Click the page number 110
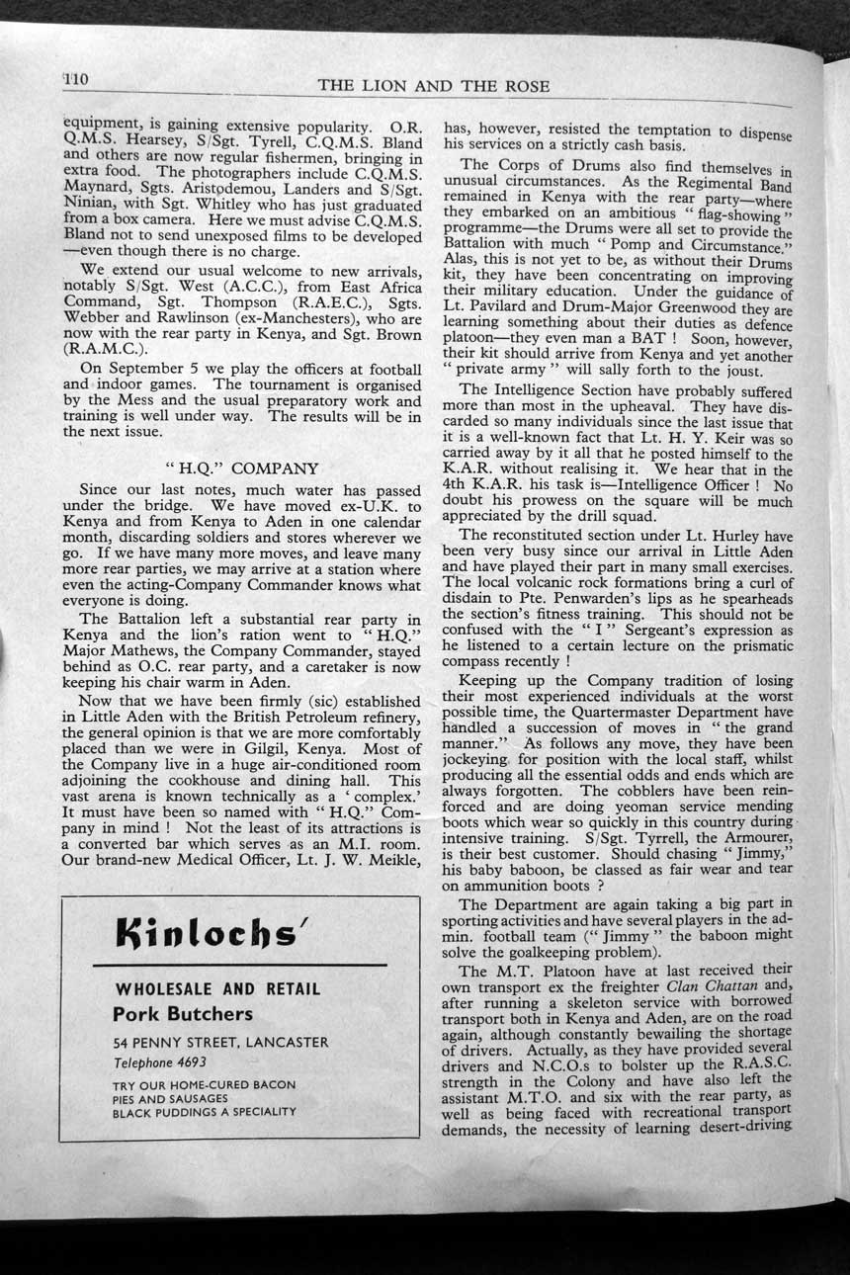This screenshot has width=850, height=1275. pos(76,79)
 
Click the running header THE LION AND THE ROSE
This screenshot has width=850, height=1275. pos(434,86)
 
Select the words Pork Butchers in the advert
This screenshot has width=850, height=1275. pos(183,1013)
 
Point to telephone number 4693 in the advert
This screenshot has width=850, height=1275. pos(188,1062)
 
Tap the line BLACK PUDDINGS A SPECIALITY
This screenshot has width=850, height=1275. pos(205,1111)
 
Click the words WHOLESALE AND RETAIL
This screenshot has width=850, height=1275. pos(218,988)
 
